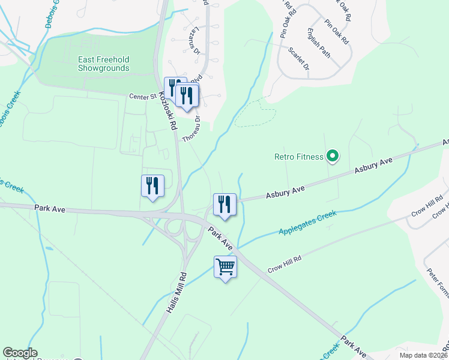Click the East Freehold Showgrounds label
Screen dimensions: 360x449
coord(103,64)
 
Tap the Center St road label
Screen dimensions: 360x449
coord(143,96)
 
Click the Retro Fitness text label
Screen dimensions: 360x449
coord(298,157)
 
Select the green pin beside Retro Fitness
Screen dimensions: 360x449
coord(333,157)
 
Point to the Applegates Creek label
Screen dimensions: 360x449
coord(308,223)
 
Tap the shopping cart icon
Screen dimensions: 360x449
coord(225,266)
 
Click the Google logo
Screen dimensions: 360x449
coord(20,353)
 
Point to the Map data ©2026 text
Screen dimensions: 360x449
coord(423,355)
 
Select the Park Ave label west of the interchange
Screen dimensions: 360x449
coord(49,209)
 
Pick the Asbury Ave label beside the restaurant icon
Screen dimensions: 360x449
coord(286,192)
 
